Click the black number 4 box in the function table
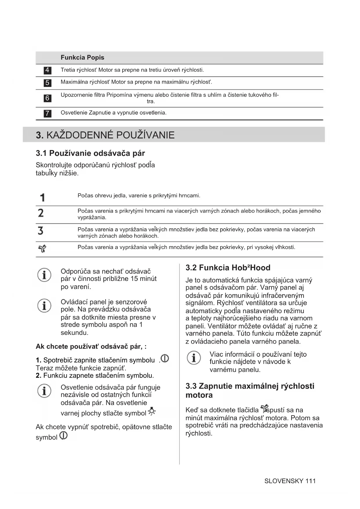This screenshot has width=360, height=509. [47, 70]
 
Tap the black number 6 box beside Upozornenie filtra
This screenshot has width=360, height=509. [47, 98]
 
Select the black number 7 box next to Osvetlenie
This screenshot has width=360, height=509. [47, 113]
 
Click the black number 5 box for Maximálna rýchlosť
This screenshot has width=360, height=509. [47, 83]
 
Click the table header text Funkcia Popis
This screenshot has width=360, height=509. [82, 57]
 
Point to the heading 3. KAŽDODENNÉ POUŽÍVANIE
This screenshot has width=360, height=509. [105, 135]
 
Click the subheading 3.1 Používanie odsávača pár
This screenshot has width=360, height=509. [90, 153]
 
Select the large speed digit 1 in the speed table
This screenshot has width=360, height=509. [42, 198]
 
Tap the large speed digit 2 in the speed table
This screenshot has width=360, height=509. [41, 213]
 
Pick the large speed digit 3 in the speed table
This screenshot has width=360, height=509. [41, 231]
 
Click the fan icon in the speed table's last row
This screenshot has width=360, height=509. [42, 248]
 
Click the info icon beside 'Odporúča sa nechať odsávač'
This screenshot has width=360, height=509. [44, 275]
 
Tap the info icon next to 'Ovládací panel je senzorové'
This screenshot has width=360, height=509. [44, 305]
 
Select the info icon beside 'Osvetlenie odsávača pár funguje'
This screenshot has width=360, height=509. [44, 391]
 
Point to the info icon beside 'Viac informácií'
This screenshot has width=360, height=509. [194, 358]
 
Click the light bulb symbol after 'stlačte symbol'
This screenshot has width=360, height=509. [152, 411]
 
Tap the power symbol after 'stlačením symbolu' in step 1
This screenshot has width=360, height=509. [165, 359]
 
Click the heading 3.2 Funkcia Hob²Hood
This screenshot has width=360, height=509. [228, 268]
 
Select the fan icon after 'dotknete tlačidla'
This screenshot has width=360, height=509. [265, 408]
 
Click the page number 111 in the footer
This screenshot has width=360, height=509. [310, 481]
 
